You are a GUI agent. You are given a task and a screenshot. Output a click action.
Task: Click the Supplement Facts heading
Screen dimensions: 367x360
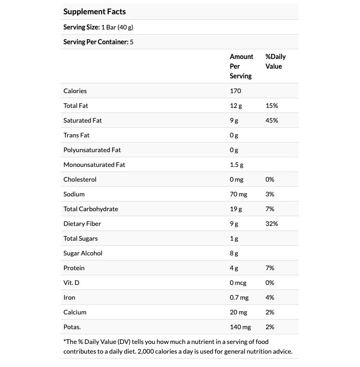(x=95, y=12)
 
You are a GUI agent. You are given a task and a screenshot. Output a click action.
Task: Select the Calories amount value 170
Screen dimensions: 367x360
(x=235, y=91)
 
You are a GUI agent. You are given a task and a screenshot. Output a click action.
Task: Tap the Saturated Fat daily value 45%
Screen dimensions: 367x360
(x=272, y=120)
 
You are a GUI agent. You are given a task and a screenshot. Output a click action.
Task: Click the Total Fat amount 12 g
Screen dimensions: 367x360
(x=236, y=106)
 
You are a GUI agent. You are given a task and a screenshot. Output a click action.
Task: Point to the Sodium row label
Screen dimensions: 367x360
(x=74, y=194)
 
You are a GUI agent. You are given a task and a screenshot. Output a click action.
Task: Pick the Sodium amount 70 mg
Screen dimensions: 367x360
(x=239, y=194)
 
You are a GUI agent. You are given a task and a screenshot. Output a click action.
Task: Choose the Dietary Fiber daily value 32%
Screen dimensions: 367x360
(x=272, y=224)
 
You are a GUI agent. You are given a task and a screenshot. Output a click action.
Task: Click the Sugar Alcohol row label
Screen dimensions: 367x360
(x=83, y=253)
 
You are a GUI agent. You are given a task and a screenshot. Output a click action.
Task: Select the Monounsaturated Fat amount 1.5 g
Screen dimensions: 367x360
(x=236, y=165)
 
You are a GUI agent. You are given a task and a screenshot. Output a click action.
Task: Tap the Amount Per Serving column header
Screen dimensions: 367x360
(x=241, y=66)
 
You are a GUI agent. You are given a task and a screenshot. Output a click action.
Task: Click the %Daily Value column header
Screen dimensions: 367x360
(x=276, y=61)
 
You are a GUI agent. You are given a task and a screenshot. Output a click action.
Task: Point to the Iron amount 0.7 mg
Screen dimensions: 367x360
(x=239, y=297)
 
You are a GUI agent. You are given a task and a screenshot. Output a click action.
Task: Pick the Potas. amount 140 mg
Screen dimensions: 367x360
(x=240, y=327)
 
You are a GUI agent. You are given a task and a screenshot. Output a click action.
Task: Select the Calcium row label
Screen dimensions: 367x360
(x=75, y=312)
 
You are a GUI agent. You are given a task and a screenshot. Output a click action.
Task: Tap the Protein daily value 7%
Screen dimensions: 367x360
(x=270, y=268)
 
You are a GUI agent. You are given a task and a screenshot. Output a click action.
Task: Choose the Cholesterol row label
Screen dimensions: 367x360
(x=80, y=179)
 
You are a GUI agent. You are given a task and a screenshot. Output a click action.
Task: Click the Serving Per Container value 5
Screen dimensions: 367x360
(x=132, y=42)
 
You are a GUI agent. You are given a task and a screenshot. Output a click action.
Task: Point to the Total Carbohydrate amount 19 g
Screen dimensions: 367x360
(x=236, y=209)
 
